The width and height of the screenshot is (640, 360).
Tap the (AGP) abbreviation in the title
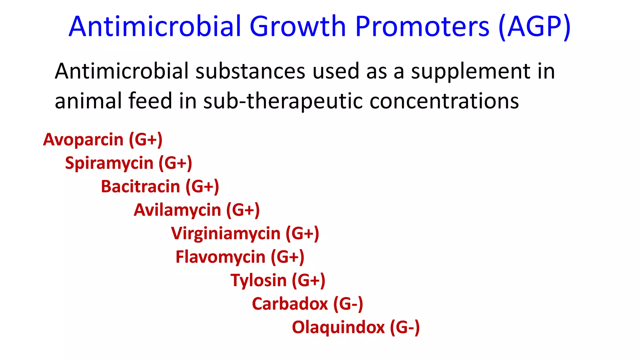pyautogui.click(x=534, y=27)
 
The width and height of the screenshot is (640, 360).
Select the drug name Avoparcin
pyautogui.click(x=83, y=139)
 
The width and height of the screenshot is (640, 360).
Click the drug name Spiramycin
pyautogui.click(x=109, y=163)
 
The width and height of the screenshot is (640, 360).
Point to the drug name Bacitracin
pyautogui.click(x=140, y=187)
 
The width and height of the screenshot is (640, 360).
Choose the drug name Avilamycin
pyautogui.click(x=177, y=210)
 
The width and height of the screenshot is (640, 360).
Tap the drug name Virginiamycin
pyautogui.click(x=226, y=234)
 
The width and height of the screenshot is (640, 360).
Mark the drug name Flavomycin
pyautogui.click(x=220, y=257)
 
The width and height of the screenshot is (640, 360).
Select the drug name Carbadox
pyautogui.click(x=290, y=304)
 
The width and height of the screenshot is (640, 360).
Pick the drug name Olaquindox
pyautogui.click(x=338, y=327)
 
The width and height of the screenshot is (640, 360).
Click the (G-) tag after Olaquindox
pyautogui.click(x=405, y=327)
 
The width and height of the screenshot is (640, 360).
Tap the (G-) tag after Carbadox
pyautogui.click(x=348, y=304)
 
